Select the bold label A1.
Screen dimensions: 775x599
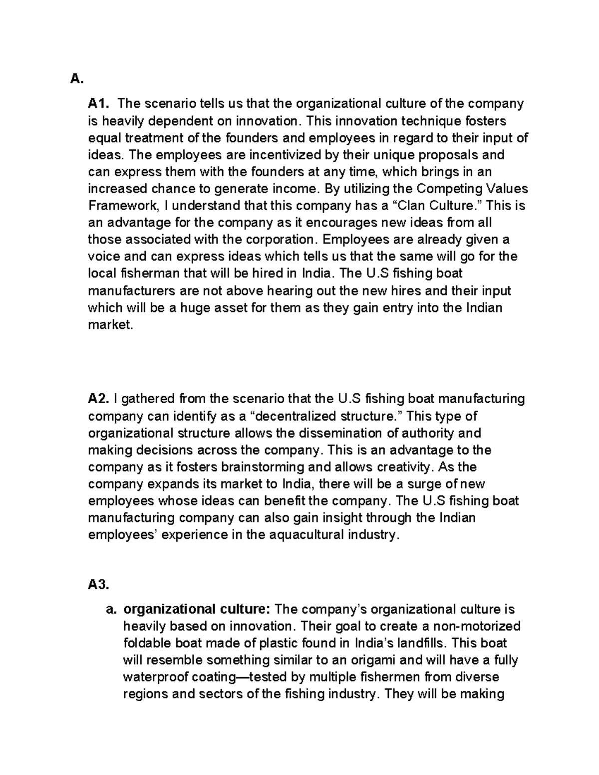tap(98, 104)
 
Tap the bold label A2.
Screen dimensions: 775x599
tap(98, 399)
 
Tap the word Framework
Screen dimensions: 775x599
tap(120, 206)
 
